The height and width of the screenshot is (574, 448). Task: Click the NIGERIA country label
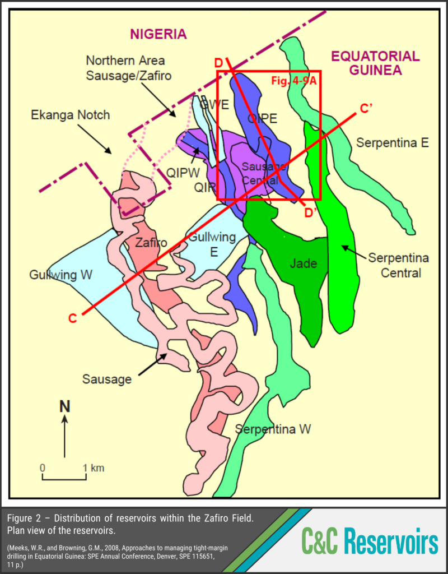(x=158, y=34)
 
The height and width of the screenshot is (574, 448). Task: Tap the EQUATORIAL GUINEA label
(x=375, y=63)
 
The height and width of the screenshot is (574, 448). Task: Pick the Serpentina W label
(x=273, y=429)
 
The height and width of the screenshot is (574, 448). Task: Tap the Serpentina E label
(x=393, y=142)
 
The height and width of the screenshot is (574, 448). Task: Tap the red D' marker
(x=311, y=213)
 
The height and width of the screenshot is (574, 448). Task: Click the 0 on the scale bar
(x=43, y=467)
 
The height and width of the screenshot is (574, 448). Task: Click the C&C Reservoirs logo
(x=370, y=542)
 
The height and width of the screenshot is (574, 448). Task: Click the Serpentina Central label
(x=398, y=265)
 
